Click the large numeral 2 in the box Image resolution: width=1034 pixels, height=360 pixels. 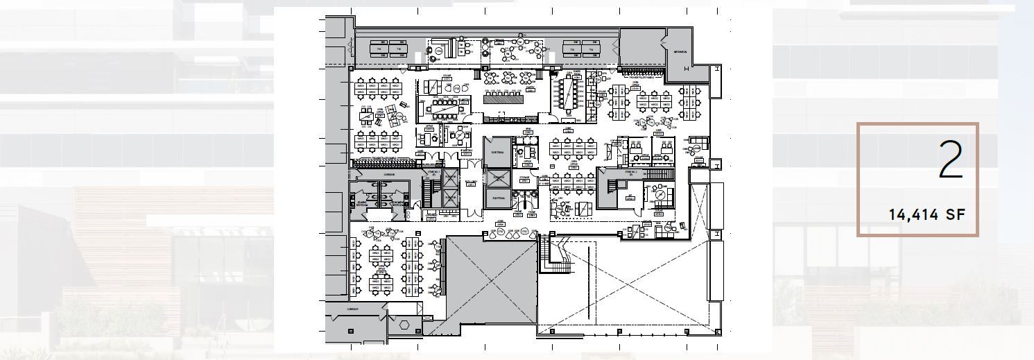click(x=951, y=160)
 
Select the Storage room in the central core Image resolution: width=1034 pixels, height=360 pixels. click(x=524, y=180)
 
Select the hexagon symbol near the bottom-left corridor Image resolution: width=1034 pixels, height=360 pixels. click(x=404, y=325)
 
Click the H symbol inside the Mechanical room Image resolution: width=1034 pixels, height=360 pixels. click(x=686, y=68)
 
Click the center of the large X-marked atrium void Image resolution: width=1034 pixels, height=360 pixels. click(x=627, y=284)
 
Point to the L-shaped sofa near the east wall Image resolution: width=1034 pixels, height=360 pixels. click(x=698, y=144)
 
